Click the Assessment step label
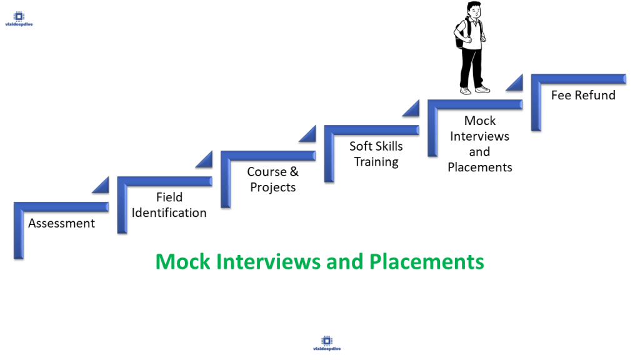pos(61,223)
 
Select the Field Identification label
pos(169,205)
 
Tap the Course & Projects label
pos(272,179)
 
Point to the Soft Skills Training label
pos(376,154)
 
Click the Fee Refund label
pos(583,95)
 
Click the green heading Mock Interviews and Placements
pos(319,261)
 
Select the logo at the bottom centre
pos(326,342)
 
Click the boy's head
pos(472,11)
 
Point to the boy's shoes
pos(474,90)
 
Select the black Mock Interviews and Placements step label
pos(480,144)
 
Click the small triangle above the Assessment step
pos(101,185)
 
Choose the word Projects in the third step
pos(273,187)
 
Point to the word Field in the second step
pos(169,197)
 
